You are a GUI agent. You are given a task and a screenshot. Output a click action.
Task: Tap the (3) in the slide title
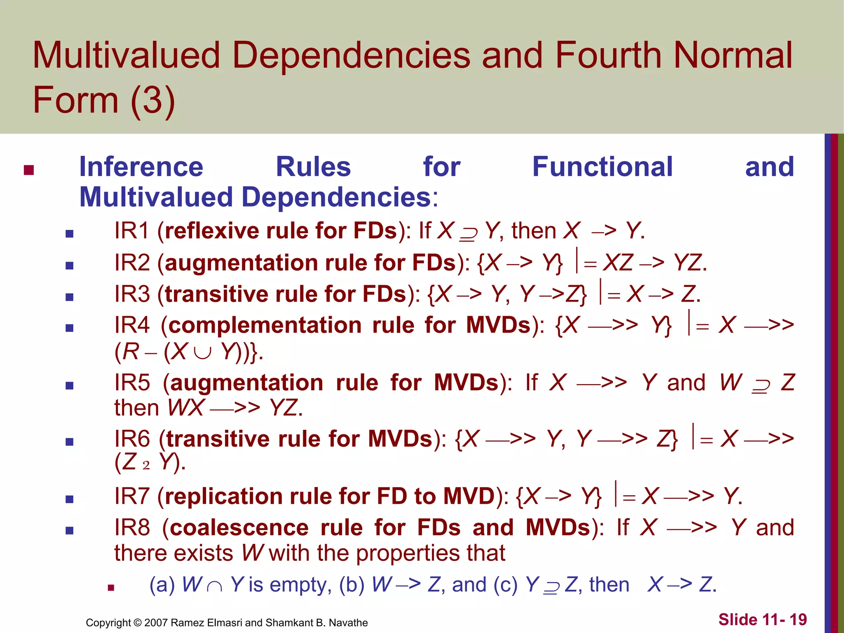click(x=152, y=101)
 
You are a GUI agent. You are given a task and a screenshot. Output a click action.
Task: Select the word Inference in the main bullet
click(x=141, y=167)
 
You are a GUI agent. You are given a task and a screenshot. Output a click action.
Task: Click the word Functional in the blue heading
click(x=603, y=167)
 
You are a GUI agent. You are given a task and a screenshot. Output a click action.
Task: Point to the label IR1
click(x=131, y=230)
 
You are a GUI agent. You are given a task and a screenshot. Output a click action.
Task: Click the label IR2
click(x=132, y=263)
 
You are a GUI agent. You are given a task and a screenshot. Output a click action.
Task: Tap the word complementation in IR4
click(x=265, y=325)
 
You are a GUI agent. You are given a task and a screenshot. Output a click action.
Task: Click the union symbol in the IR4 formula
click(x=202, y=353)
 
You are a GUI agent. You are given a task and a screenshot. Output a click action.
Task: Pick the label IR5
click(x=132, y=383)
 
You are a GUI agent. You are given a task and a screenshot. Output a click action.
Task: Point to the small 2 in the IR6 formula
click(x=146, y=465)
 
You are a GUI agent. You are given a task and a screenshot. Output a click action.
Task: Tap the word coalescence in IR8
click(x=239, y=528)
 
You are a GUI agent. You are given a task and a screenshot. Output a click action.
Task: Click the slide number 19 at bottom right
click(x=798, y=619)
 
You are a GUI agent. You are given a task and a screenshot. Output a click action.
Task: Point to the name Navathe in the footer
click(x=348, y=623)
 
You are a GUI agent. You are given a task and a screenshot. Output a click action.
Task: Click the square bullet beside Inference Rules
click(x=28, y=170)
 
